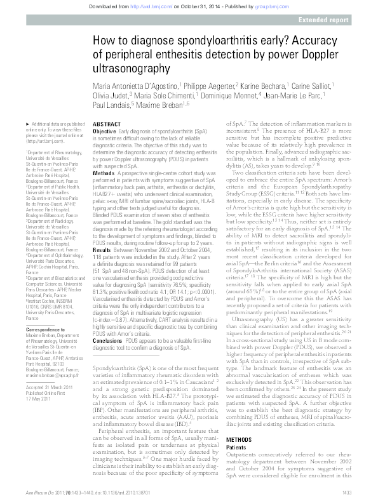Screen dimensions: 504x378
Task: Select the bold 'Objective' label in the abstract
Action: pos(105,131)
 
